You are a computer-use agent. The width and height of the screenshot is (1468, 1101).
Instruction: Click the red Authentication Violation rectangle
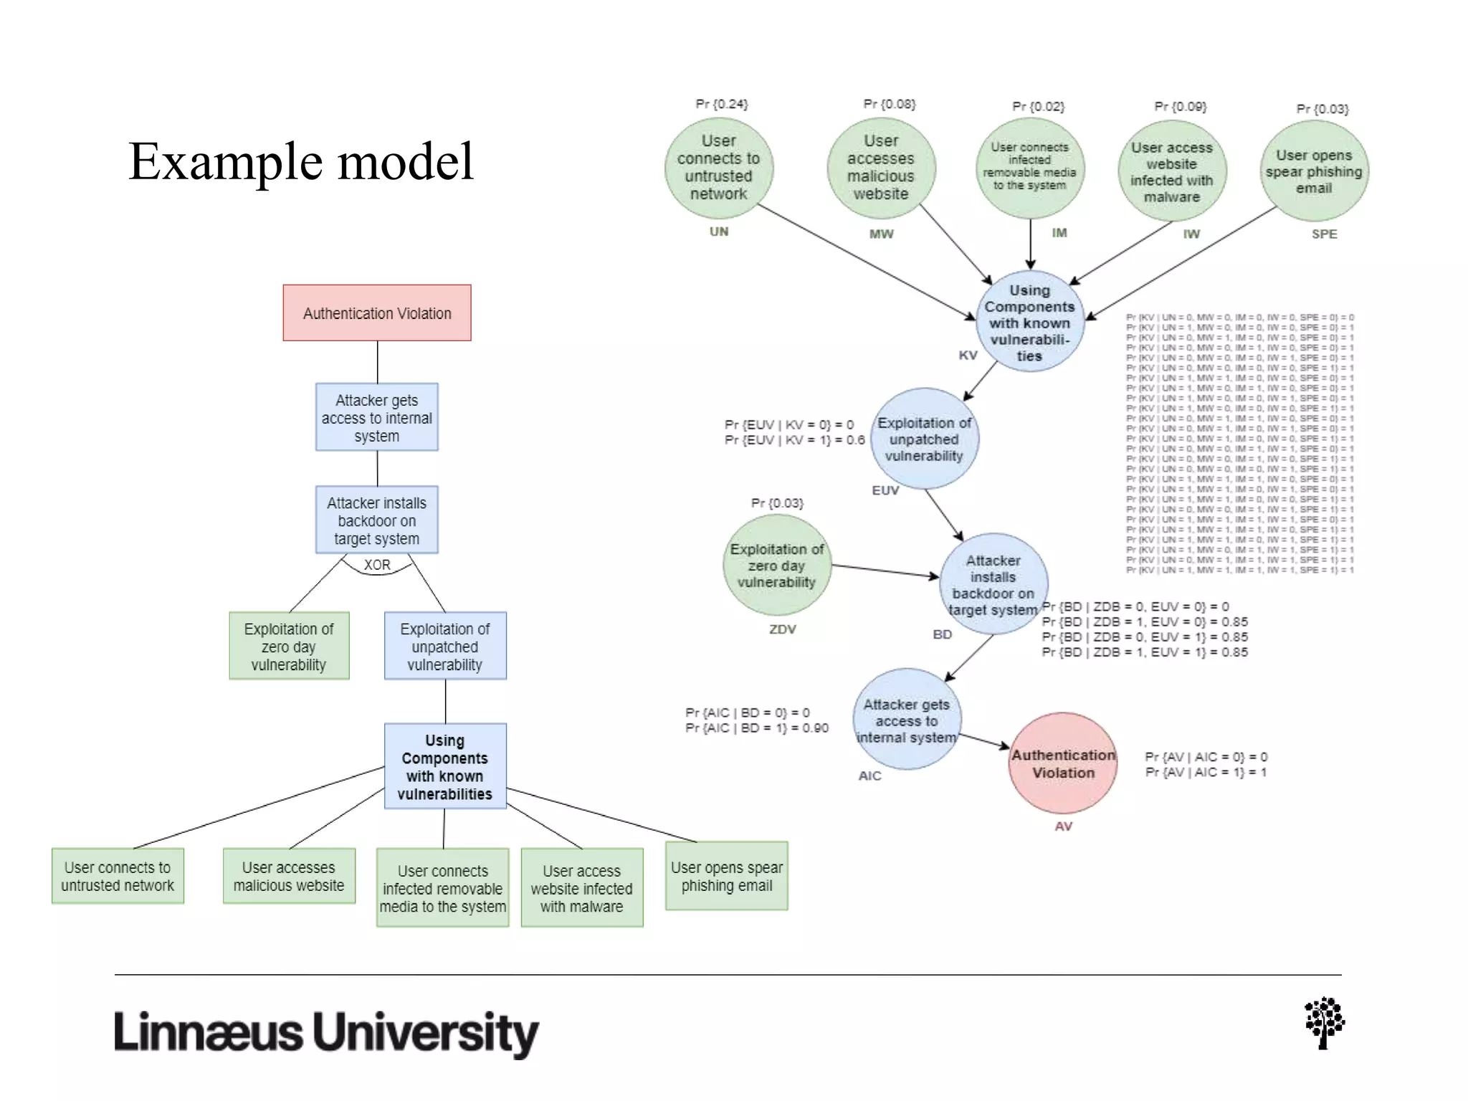pyautogui.click(x=377, y=313)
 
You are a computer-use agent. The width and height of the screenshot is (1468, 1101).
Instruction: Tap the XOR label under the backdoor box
pyautogui.click(x=377, y=565)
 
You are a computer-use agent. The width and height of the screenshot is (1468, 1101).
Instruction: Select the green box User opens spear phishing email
pyautogui.click(x=726, y=876)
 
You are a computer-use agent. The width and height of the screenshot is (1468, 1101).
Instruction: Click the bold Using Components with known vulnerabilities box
pyautogui.click(x=444, y=766)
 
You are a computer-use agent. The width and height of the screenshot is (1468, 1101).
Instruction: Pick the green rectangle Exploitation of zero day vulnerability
pyautogui.click(x=289, y=646)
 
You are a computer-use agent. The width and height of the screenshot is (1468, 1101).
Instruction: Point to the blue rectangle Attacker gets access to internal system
pyautogui.click(x=376, y=417)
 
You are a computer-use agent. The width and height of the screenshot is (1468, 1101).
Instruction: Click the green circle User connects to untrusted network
pyautogui.click(x=718, y=168)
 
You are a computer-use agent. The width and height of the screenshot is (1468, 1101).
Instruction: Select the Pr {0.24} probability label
pyautogui.click(x=721, y=104)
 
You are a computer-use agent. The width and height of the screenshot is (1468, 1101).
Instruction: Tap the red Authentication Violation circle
pyautogui.click(x=1063, y=763)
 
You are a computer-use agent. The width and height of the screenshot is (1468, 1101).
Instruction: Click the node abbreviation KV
pyautogui.click(x=968, y=356)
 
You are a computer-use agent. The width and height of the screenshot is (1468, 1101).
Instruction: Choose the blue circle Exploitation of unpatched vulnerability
pyautogui.click(x=924, y=439)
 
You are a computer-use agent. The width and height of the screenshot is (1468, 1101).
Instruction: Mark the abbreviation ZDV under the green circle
pyautogui.click(x=782, y=629)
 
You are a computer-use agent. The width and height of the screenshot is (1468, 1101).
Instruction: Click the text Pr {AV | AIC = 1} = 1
pyautogui.click(x=1206, y=772)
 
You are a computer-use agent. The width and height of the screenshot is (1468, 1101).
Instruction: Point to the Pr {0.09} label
pyautogui.click(x=1180, y=106)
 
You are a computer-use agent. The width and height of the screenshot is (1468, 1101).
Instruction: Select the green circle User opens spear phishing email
pyautogui.click(x=1314, y=171)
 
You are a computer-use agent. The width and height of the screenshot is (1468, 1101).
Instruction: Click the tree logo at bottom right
pyautogui.click(x=1324, y=1023)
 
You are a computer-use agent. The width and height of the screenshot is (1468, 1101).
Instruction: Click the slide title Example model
pyautogui.click(x=301, y=161)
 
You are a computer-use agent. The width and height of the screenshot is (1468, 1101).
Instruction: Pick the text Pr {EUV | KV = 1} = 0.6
pyautogui.click(x=794, y=440)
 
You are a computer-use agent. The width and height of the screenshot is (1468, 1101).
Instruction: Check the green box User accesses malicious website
pyautogui.click(x=289, y=876)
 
